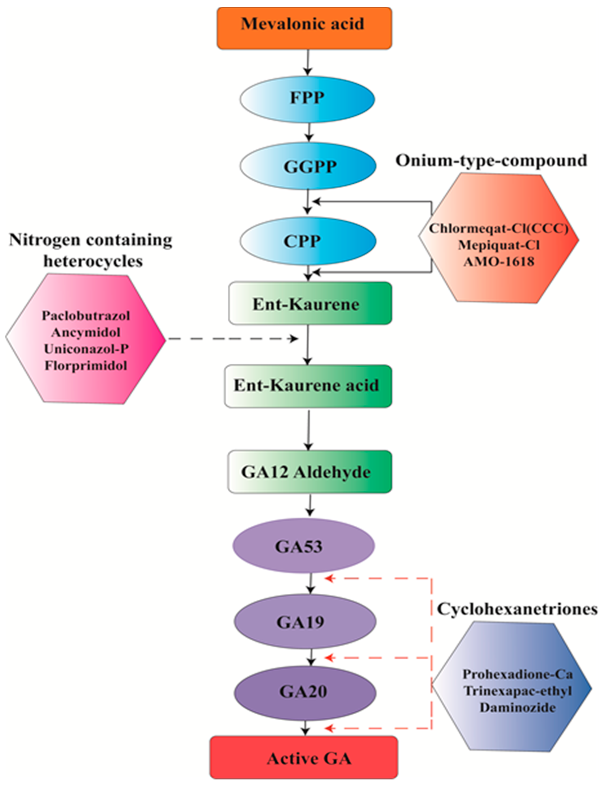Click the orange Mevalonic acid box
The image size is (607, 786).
click(x=304, y=28)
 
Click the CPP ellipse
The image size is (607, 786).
click(x=307, y=241)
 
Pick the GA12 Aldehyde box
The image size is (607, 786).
click(x=309, y=472)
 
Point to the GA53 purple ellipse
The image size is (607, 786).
click(x=304, y=546)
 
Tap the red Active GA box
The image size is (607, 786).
click(x=304, y=758)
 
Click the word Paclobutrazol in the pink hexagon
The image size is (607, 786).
click(x=86, y=316)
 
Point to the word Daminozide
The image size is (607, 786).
click(x=518, y=707)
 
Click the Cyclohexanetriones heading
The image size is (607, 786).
click(x=517, y=609)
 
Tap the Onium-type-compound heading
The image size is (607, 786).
click(x=491, y=161)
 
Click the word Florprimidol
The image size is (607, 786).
click(x=86, y=366)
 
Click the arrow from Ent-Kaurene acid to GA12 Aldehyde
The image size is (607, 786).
click(x=308, y=429)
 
